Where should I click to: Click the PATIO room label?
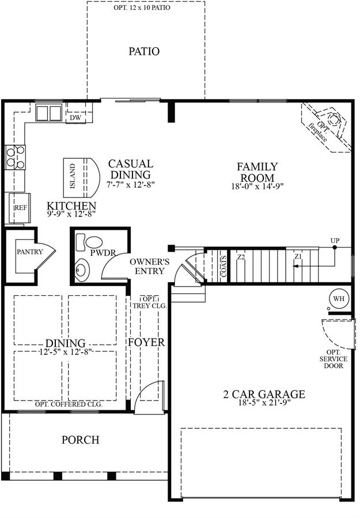tap(144, 52)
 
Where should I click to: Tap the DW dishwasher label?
tap(75, 117)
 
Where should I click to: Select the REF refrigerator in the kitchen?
tap(20, 208)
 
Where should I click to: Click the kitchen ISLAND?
tap(81, 177)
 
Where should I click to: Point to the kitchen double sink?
tap(50, 113)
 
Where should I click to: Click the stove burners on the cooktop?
tap(16, 158)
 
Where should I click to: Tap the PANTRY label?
tap(30, 252)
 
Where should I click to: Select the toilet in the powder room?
tap(89, 242)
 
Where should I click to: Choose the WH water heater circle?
tap(339, 299)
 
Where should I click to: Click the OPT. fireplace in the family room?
tap(326, 127)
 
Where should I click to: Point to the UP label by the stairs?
tap(335, 241)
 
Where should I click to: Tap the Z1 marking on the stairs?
tap(298, 256)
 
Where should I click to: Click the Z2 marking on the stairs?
tap(241, 256)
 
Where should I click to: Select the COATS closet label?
tap(224, 266)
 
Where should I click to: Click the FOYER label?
tap(146, 342)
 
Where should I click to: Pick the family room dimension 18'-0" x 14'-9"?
tap(257, 186)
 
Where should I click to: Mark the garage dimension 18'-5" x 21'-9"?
tap(264, 403)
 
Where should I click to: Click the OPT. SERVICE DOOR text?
tap(334, 359)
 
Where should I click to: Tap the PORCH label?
tap(80, 440)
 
